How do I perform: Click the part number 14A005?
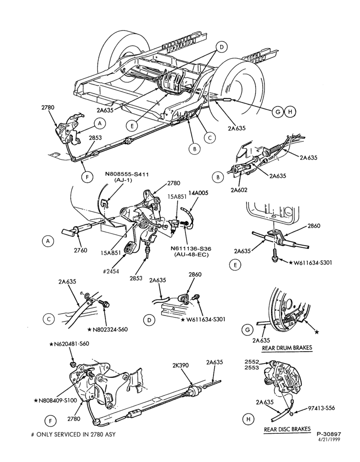click(197, 193)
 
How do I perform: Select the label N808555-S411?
click(127, 175)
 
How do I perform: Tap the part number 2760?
click(80, 250)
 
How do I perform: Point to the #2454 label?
click(111, 271)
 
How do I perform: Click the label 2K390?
click(180, 365)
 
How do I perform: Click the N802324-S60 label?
click(108, 329)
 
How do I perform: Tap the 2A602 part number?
click(239, 190)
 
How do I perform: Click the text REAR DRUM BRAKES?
click(287, 348)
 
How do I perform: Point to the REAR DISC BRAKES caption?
click(287, 429)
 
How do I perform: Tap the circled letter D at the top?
click(222, 47)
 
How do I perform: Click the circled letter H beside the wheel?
click(290, 112)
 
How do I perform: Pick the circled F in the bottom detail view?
click(50, 422)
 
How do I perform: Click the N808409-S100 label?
click(55, 400)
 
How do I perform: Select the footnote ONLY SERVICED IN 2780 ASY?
click(73, 434)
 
